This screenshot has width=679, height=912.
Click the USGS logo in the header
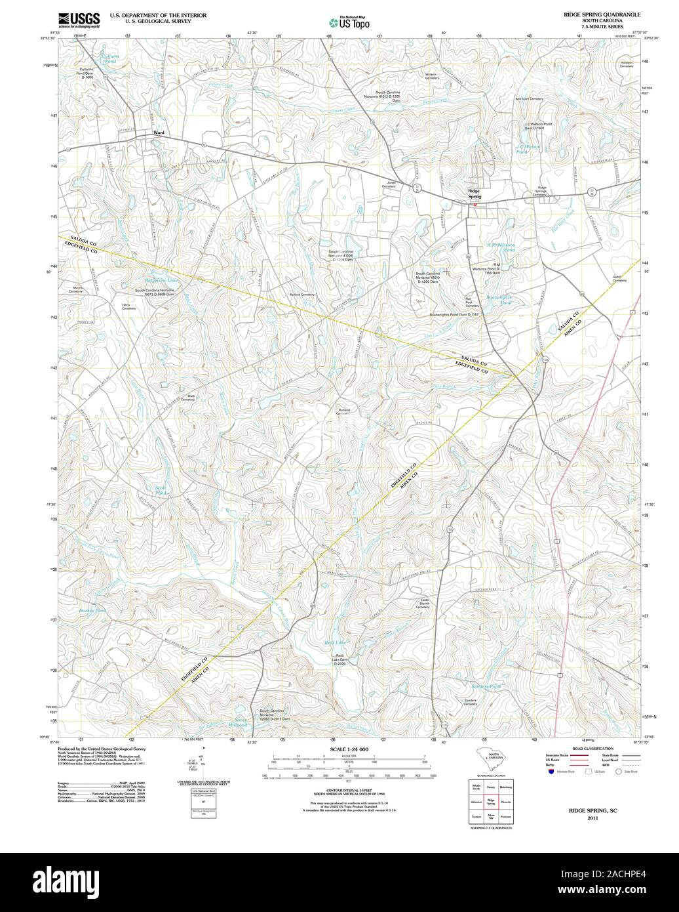point(79,19)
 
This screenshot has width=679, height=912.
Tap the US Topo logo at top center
point(349,22)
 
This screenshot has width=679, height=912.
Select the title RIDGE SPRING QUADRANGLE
point(601,14)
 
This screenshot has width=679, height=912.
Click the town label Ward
point(158,133)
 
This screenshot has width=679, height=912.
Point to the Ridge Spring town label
point(475,194)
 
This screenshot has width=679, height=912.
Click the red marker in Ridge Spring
point(475,205)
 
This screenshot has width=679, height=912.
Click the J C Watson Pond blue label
point(528,149)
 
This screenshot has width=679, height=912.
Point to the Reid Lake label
point(335,644)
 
